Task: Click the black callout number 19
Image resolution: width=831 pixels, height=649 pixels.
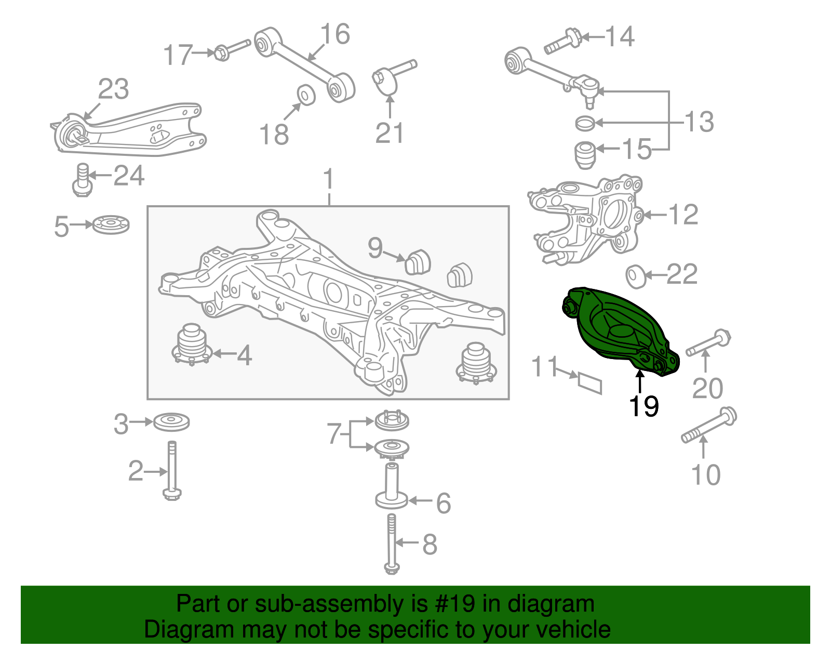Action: pos(644,406)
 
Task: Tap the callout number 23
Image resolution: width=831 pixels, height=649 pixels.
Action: pos(113,89)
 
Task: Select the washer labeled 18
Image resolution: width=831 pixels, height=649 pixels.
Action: pos(306,94)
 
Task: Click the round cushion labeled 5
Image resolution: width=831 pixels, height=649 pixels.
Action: pos(111,225)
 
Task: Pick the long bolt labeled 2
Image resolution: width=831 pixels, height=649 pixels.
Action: pos(172,470)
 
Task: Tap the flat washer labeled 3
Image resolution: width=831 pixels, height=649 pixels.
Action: pos(171,421)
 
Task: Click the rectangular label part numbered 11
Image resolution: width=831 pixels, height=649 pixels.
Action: pos(590,383)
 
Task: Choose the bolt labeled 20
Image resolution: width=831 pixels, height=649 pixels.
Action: pos(708,343)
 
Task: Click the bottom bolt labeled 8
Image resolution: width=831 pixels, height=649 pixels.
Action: pos(392,543)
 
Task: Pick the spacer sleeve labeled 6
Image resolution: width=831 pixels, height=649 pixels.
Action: pos(391,486)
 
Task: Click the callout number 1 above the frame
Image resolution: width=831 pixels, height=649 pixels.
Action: pos(328,179)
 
